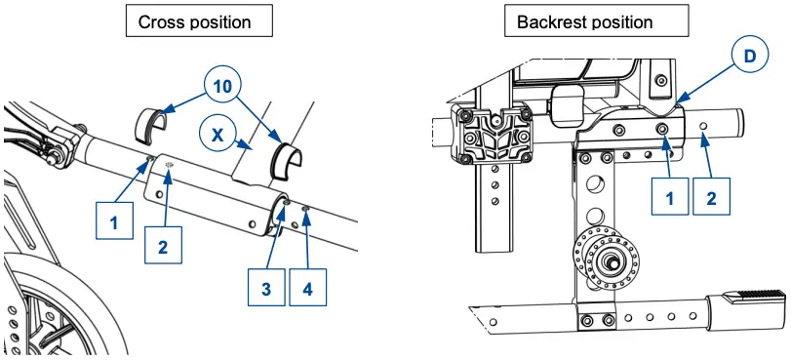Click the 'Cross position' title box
point(199,21)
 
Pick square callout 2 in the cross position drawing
point(163,247)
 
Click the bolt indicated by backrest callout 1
point(663,128)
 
